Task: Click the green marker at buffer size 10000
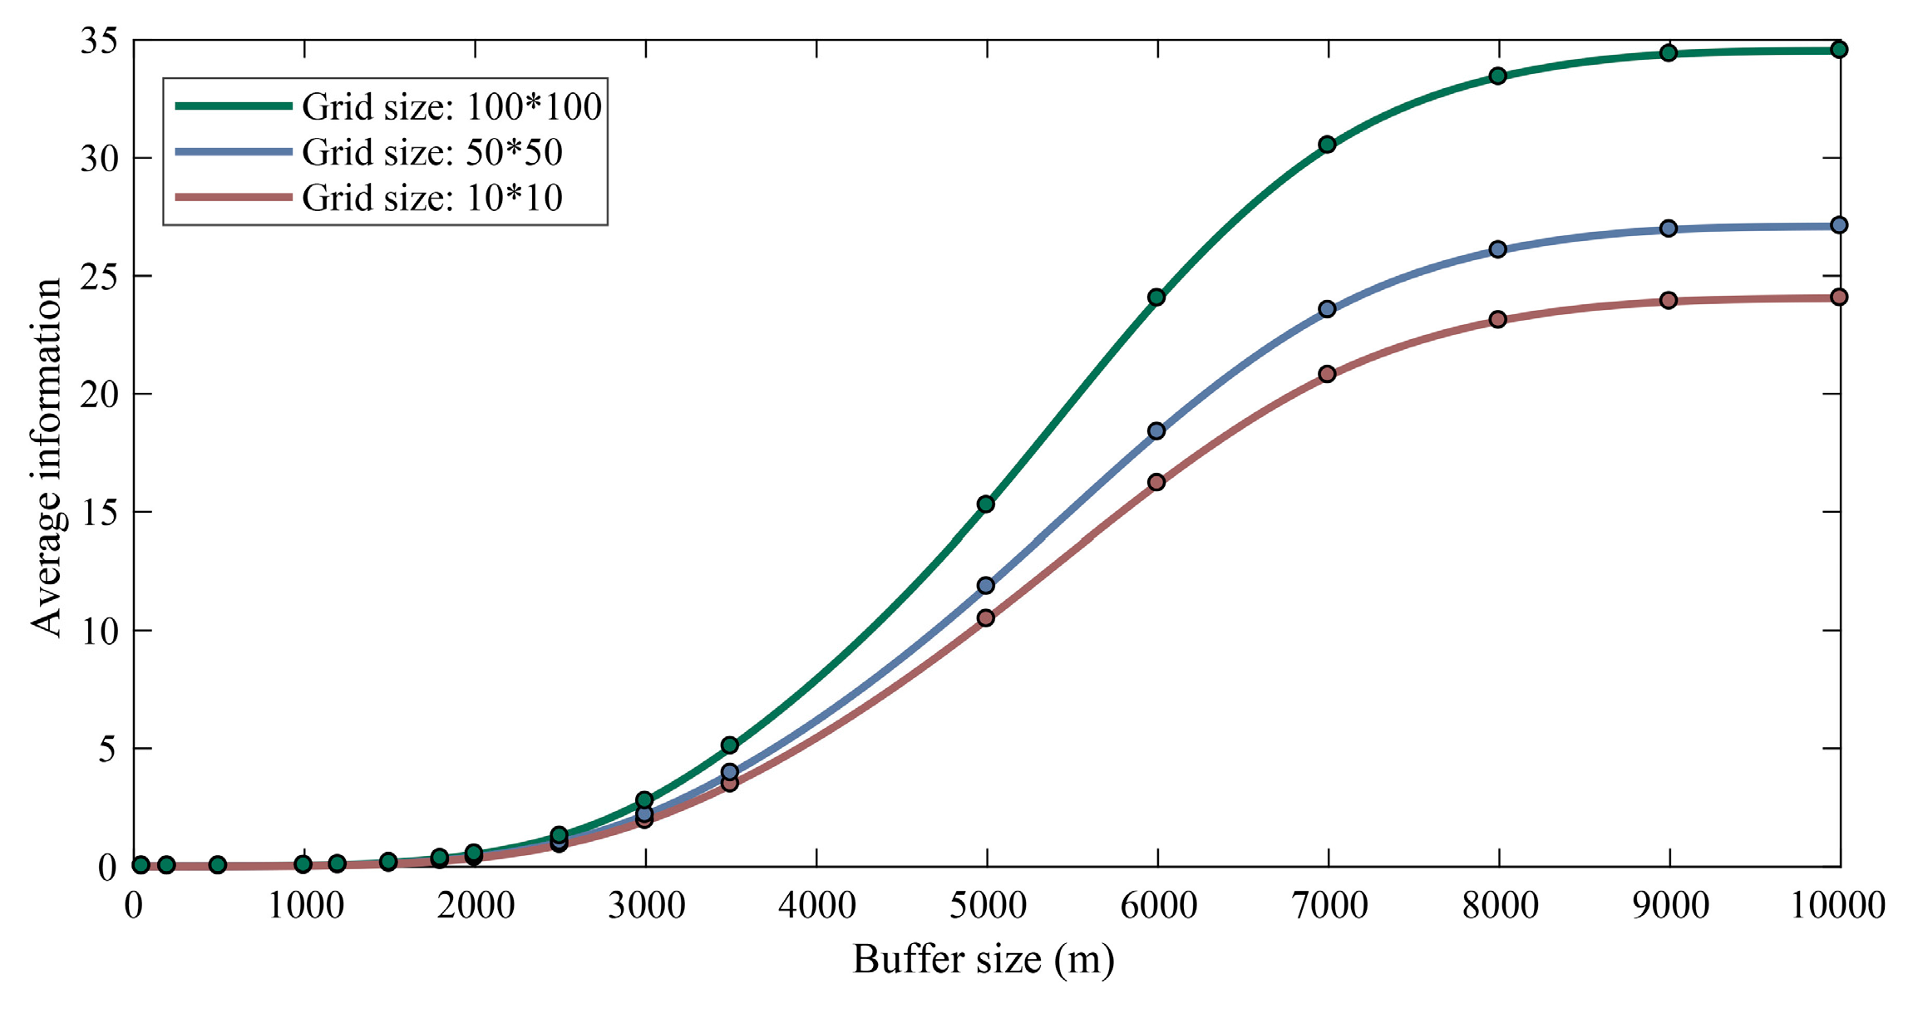pos(1839,50)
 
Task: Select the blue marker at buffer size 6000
pos(1156,431)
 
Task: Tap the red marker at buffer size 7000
pos(1327,374)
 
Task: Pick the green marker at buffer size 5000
pos(986,504)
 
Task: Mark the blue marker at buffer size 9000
pos(1669,229)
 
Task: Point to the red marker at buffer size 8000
pos(1498,320)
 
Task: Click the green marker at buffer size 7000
pos(1327,145)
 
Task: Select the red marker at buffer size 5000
pos(986,618)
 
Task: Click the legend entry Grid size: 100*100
pos(451,106)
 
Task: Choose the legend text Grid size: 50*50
pos(432,152)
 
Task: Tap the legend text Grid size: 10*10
pos(432,198)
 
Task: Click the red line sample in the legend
pos(234,198)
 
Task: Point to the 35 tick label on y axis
pos(99,41)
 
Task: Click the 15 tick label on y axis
pos(99,513)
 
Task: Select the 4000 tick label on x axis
pos(816,905)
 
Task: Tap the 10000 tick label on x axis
pos(1837,905)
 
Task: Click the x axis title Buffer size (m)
pos(984,960)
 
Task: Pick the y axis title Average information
pos(47,458)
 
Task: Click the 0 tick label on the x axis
pos(134,905)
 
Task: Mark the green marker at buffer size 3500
pos(730,745)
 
